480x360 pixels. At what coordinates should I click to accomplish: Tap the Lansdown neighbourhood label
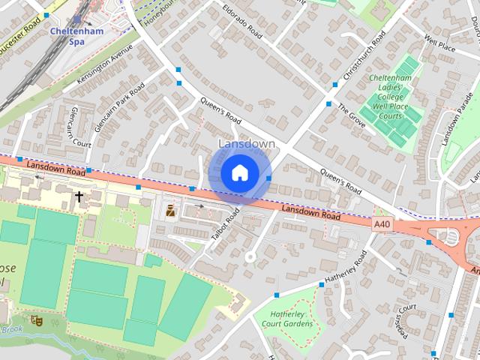[246, 143]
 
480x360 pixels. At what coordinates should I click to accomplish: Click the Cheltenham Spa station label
[76, 36]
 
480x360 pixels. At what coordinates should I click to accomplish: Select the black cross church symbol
[79, 196]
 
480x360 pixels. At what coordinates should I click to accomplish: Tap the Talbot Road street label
[225, 223]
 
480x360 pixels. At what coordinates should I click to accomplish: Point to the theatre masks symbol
[36, 321]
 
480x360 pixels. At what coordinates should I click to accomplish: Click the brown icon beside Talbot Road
[171, 211]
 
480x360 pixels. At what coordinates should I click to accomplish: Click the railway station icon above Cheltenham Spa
[76, 19]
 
